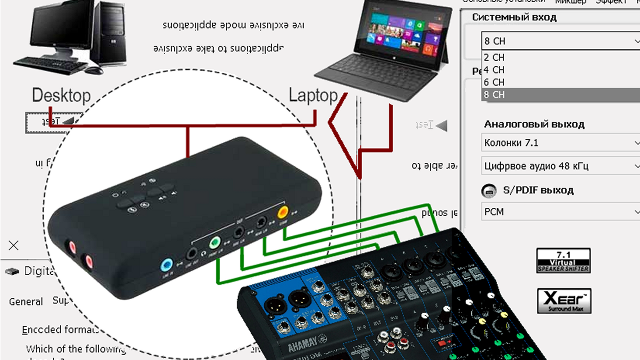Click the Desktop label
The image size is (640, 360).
coord(61,95)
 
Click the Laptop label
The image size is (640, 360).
coord(313,95)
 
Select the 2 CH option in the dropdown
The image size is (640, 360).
coord(494,57)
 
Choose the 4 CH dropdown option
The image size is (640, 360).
coord(494,70)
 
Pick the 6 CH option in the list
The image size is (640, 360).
coord(494,82)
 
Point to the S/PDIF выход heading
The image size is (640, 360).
coord(537,190)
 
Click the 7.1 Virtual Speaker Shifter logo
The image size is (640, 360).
coord(563,260)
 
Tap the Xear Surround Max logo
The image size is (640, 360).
coord(564,300)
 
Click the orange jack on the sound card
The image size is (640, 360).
coord(283,211)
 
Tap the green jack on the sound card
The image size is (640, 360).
coord(214,243)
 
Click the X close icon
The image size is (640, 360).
coord(13,245)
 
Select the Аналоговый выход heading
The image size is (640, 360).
coord(534,124)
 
